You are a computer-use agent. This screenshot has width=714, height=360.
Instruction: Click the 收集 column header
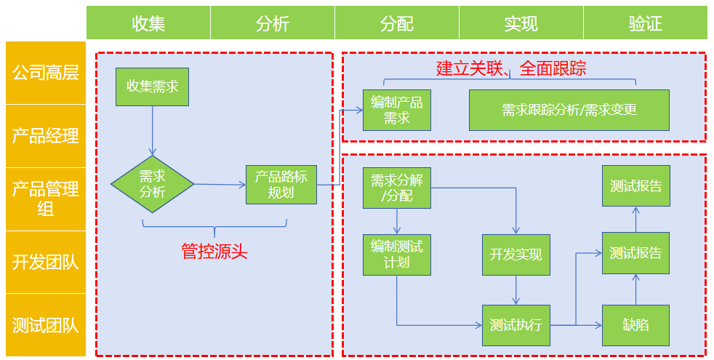coord(148,23)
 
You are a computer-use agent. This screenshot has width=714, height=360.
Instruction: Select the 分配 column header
coord(396,23)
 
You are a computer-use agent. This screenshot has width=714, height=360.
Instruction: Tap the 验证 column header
coord(645,23)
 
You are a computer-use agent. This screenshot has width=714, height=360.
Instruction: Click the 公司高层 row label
coord(45,73)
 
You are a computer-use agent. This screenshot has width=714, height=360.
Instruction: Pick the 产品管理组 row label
coord(45,199)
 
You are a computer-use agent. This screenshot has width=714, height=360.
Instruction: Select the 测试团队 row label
coord(45,325)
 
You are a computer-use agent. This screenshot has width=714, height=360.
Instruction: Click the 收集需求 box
coord(152,86)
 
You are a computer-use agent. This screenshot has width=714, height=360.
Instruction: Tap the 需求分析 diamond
coord(152,184)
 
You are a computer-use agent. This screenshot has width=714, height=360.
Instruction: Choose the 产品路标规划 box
coord(281,184)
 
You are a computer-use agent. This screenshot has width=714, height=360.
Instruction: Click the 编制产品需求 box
coord(396,110)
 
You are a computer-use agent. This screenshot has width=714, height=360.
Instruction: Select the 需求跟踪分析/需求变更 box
coord(569,110)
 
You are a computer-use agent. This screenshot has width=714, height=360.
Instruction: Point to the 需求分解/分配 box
coord(396,188)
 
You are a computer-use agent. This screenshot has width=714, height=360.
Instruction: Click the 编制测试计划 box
coord(396,255)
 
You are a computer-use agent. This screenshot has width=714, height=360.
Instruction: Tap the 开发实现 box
coord(516,255)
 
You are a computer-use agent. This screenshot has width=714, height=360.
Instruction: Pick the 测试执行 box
coord(516,325)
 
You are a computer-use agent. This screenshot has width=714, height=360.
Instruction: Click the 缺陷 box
coord(635,325)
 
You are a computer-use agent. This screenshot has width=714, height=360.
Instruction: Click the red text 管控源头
coord(214,252)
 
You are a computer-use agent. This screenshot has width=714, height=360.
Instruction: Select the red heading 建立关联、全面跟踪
coord(510,69)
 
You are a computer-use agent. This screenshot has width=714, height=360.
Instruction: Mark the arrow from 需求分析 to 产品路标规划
coord(220,184)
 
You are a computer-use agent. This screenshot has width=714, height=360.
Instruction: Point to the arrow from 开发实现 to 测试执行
coord(516,290)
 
